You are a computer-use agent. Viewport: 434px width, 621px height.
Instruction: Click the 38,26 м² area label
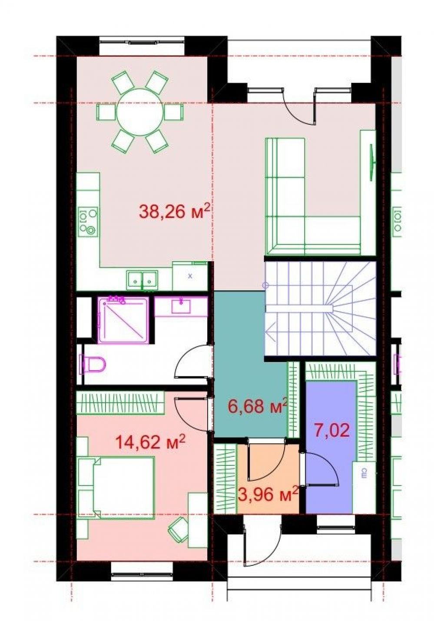(174, 212)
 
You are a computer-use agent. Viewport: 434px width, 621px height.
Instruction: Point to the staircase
(320, 309)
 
